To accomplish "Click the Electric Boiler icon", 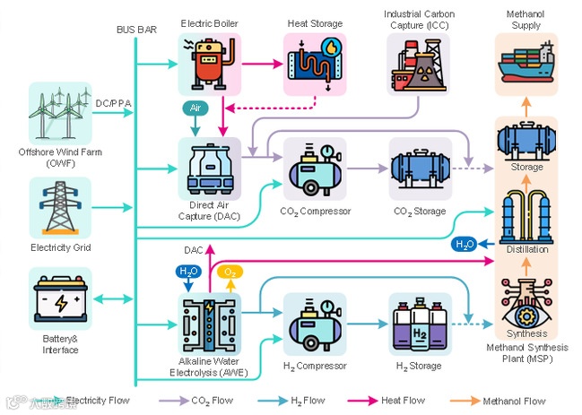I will [210, 64].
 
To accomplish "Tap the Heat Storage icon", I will [314, 64].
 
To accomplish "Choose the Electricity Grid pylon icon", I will [60, 208].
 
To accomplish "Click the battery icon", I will [60, 303].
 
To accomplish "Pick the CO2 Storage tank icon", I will [419, 169].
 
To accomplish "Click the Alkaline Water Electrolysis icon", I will [210, 324].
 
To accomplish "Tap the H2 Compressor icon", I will [314, 324].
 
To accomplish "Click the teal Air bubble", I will [195, 108].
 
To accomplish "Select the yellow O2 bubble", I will [230, 271].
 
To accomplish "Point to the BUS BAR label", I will [135, 30].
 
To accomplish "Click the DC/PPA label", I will [113, 103].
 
